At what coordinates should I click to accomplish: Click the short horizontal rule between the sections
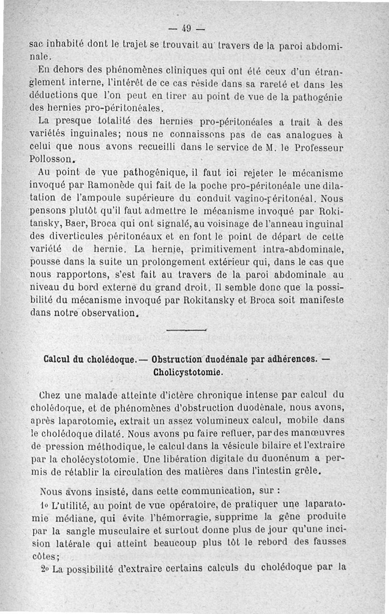(x=187, y=330)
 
